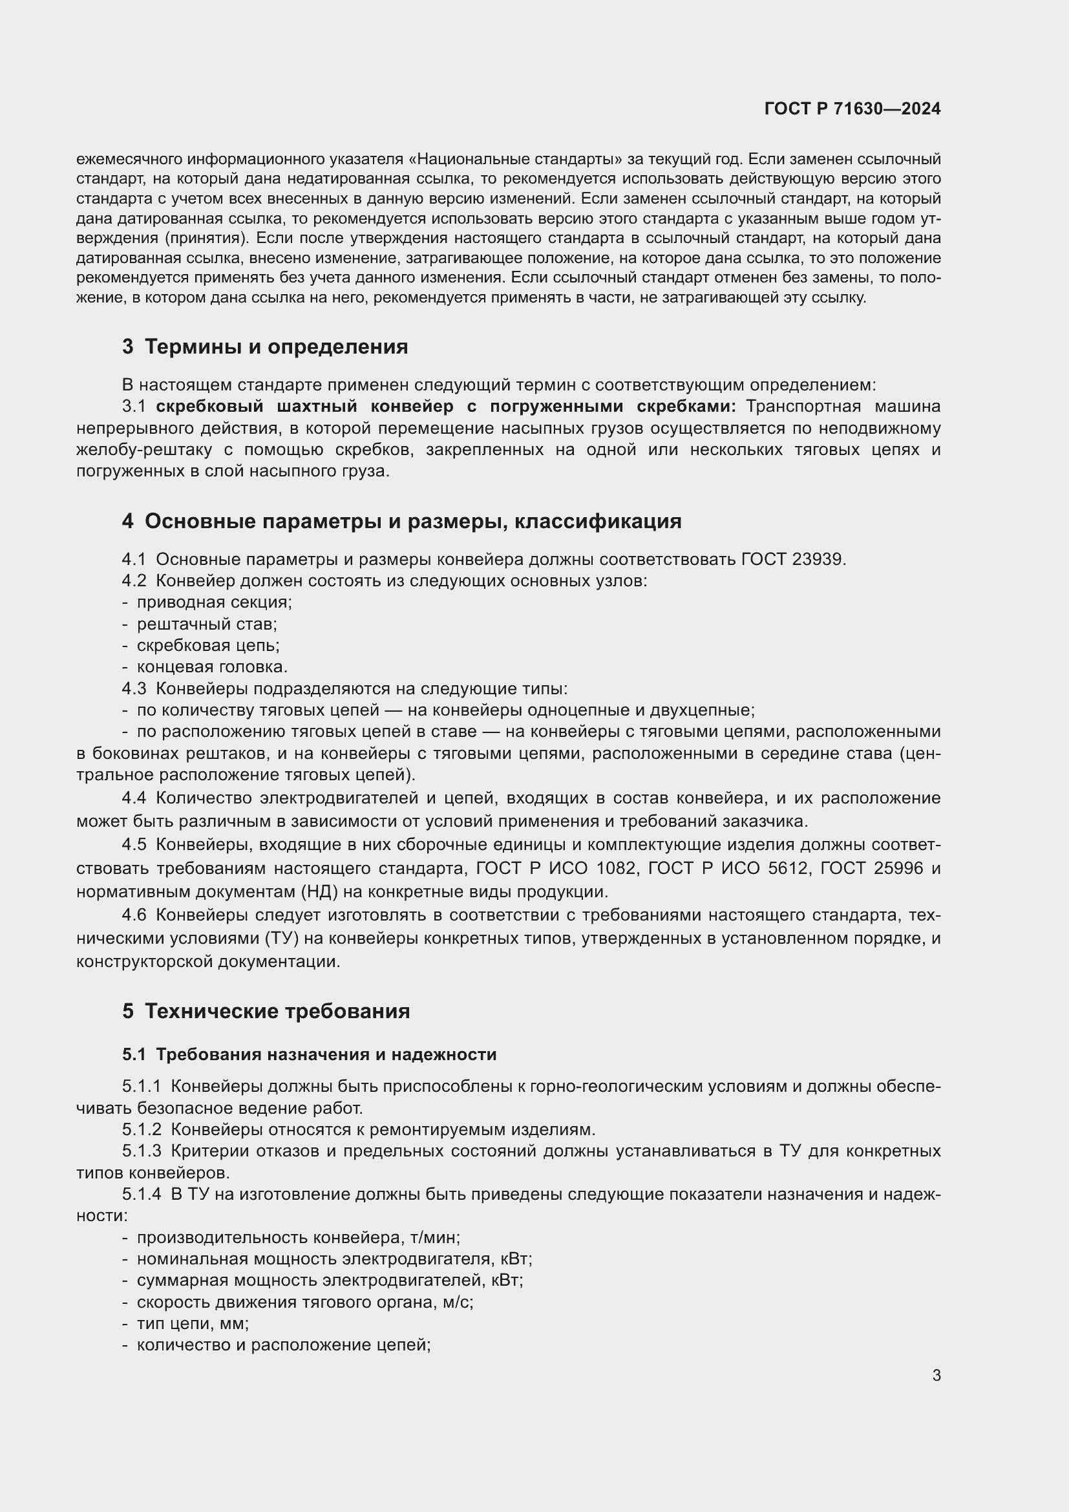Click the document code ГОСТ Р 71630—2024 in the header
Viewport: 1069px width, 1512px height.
pyautogui.click(x=852, y=109)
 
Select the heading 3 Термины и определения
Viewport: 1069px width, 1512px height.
pyautogui.click(x=264, y=346)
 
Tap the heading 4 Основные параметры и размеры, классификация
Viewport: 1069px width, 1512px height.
pyautogui.click(x=401, y=521)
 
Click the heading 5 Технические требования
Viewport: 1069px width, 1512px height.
pyautogui.click(x=266, y=1011)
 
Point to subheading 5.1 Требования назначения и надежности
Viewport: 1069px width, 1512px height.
pyautogui.click(x=309, y=1054)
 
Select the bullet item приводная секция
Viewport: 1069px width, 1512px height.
pyautogui.click(x=214, y=602)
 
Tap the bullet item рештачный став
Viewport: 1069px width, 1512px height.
pyautogui.click(x=207, y=624)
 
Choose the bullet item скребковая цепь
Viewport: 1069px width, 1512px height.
pyautogui.click(x=208, y=645)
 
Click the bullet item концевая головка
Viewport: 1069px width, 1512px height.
pyautogui.click(x=212, y=666)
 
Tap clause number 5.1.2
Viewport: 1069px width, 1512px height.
pyautogui.click(x=141, y=1129)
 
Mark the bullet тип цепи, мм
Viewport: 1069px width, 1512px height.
pyautogui.click(x=192, y=1324)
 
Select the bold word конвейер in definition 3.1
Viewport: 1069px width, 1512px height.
pyautogui.click(x=412, y=407)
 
